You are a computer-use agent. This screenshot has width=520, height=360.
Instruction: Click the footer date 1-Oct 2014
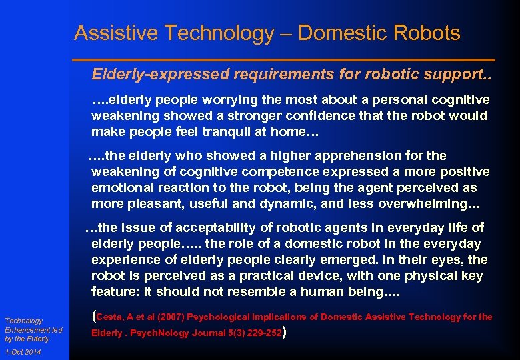point(22,352)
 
